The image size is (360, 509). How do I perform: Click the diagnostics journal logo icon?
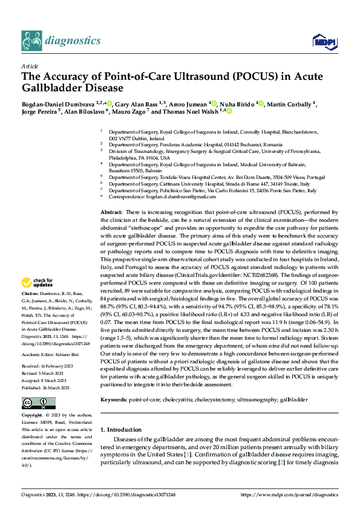coord(33,40)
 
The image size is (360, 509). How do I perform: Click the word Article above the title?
coord(29,65)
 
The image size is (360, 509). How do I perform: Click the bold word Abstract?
coord(111,213)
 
